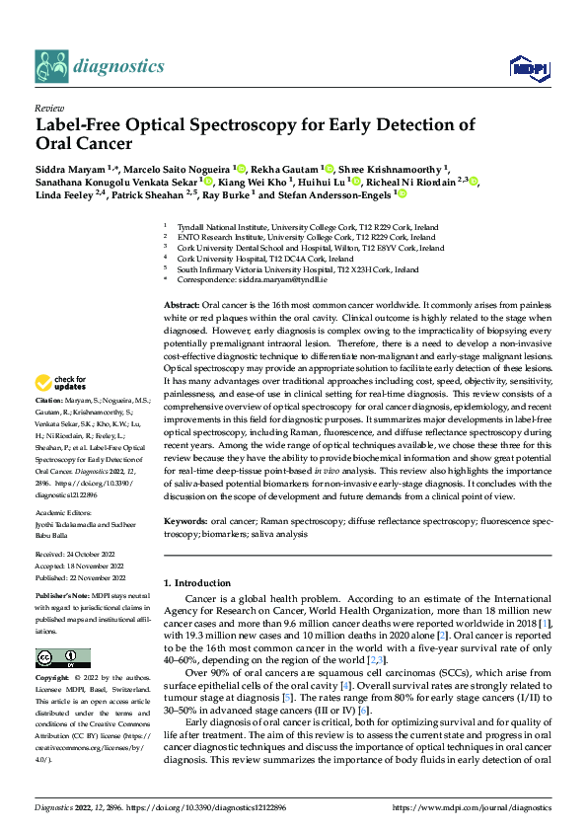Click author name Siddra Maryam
(x=70, y=169)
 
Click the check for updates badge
(x=61, y=383)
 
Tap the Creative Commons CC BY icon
(x=63, y=657)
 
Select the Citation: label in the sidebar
(x=50, y=400)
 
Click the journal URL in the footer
(x=472, y=807)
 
